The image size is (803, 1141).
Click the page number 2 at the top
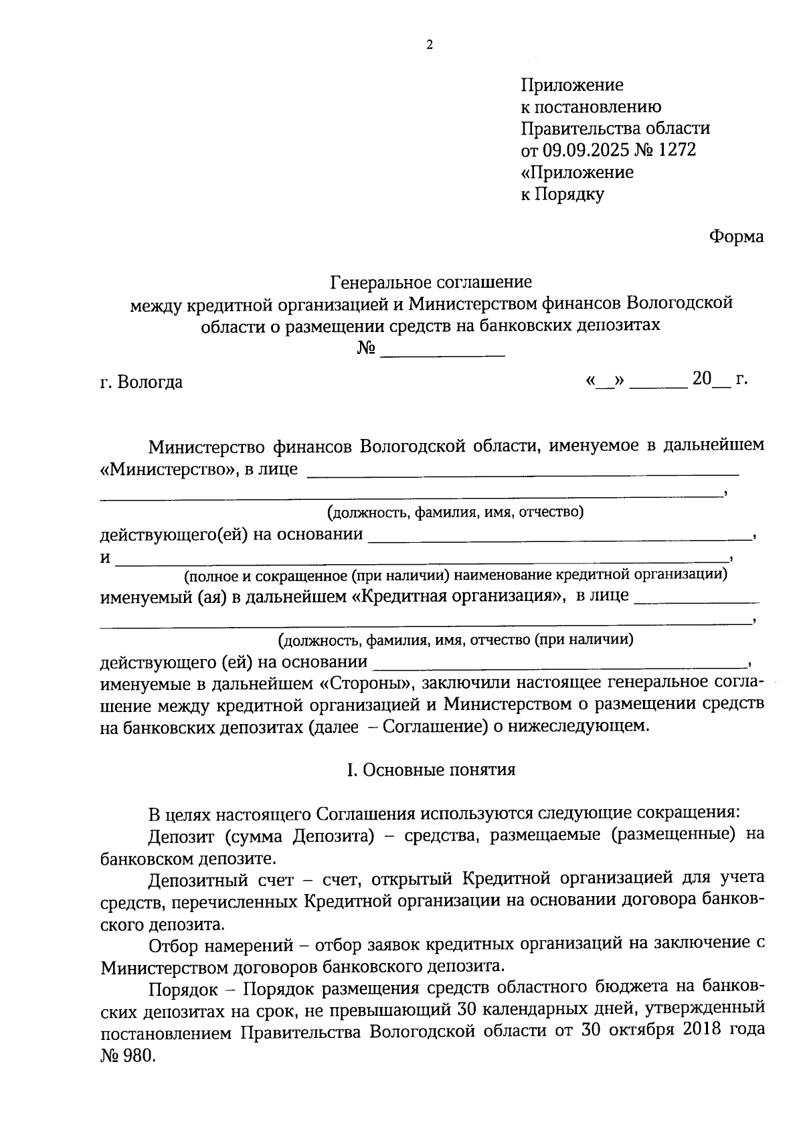click(429, 46)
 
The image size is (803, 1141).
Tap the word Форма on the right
click(736, 237)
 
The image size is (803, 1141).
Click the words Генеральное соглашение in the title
click(432, 282)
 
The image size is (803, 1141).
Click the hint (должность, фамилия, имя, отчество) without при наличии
click(455, 513)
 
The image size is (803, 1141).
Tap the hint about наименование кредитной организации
click(456, 574)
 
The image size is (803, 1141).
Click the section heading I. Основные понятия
click(431, 770)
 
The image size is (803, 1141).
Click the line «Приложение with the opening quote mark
click(577, 172)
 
